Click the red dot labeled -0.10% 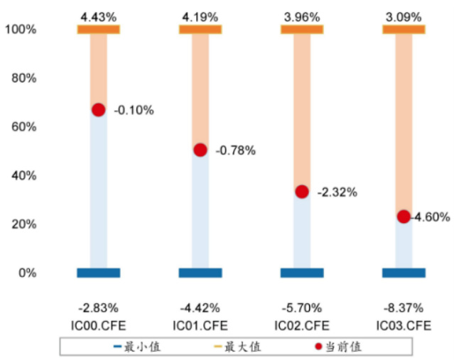(98, 109)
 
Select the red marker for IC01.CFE (200, 150)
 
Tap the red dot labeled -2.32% (302, 192)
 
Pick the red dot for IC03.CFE (404, 217)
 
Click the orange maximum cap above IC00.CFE (98, 29)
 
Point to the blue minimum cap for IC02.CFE (302, 273)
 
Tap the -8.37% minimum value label (404, 308)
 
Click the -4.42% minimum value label (200, 308)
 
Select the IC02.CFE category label (302, 325)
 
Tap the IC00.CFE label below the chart (98, 325)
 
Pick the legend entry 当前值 (345, 347)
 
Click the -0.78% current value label (235, 151)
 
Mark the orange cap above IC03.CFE (404, 29)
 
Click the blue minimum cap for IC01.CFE (200, 273)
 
